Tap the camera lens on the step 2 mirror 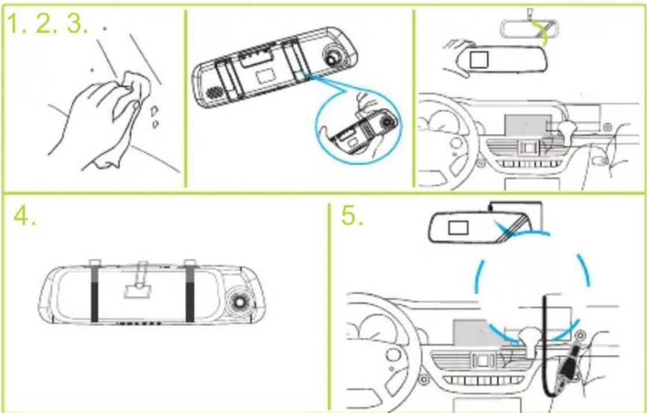pyautogui.click(x=332, y=57)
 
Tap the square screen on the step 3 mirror pyautogui.click(x=479, y=59)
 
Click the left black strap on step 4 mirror pyautogui.click(x=94, y=294)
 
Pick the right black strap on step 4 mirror pyautogui.click(x=190, y=294)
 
